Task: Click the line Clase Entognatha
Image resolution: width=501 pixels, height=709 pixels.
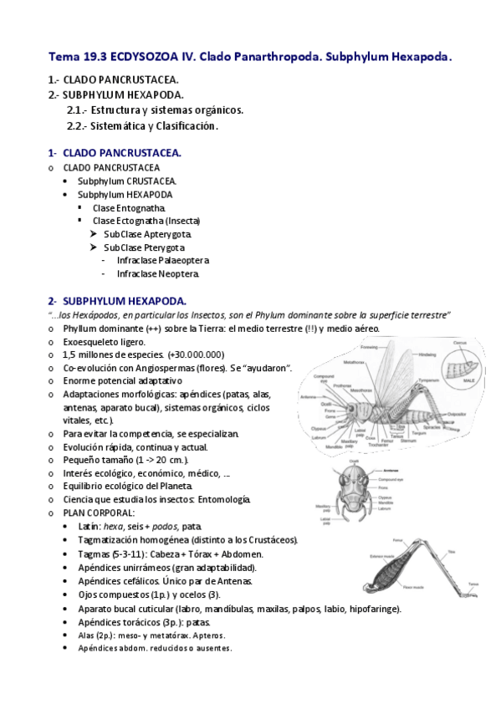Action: point(129,207)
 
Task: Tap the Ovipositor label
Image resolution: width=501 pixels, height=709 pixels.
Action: point(457,413)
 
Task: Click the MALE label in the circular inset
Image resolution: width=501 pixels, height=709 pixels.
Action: point(474,381)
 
